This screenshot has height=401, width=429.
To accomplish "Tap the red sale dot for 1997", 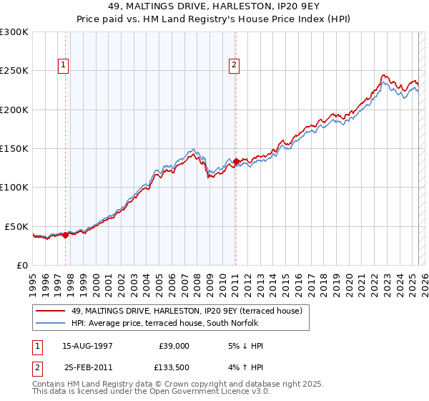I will pos(65,234).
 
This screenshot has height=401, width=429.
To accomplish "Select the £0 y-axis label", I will pos(21,265).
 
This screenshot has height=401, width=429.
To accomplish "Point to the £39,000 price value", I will pos(173,346).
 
